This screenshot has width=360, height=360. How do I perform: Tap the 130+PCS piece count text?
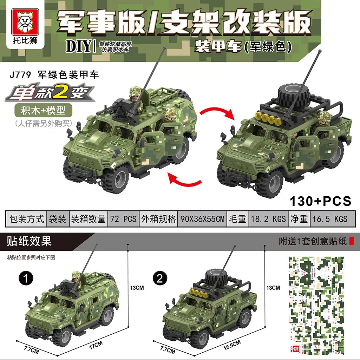tap(320, 201)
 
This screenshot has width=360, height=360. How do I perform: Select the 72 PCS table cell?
tap(123, 219)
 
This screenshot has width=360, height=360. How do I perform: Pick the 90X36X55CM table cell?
tap(202, 219)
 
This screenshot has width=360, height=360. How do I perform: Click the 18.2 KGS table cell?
tap(268, 219)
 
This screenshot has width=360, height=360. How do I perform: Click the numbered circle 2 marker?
tap(160, 279)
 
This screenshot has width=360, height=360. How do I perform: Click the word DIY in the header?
tap(78, 47)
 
